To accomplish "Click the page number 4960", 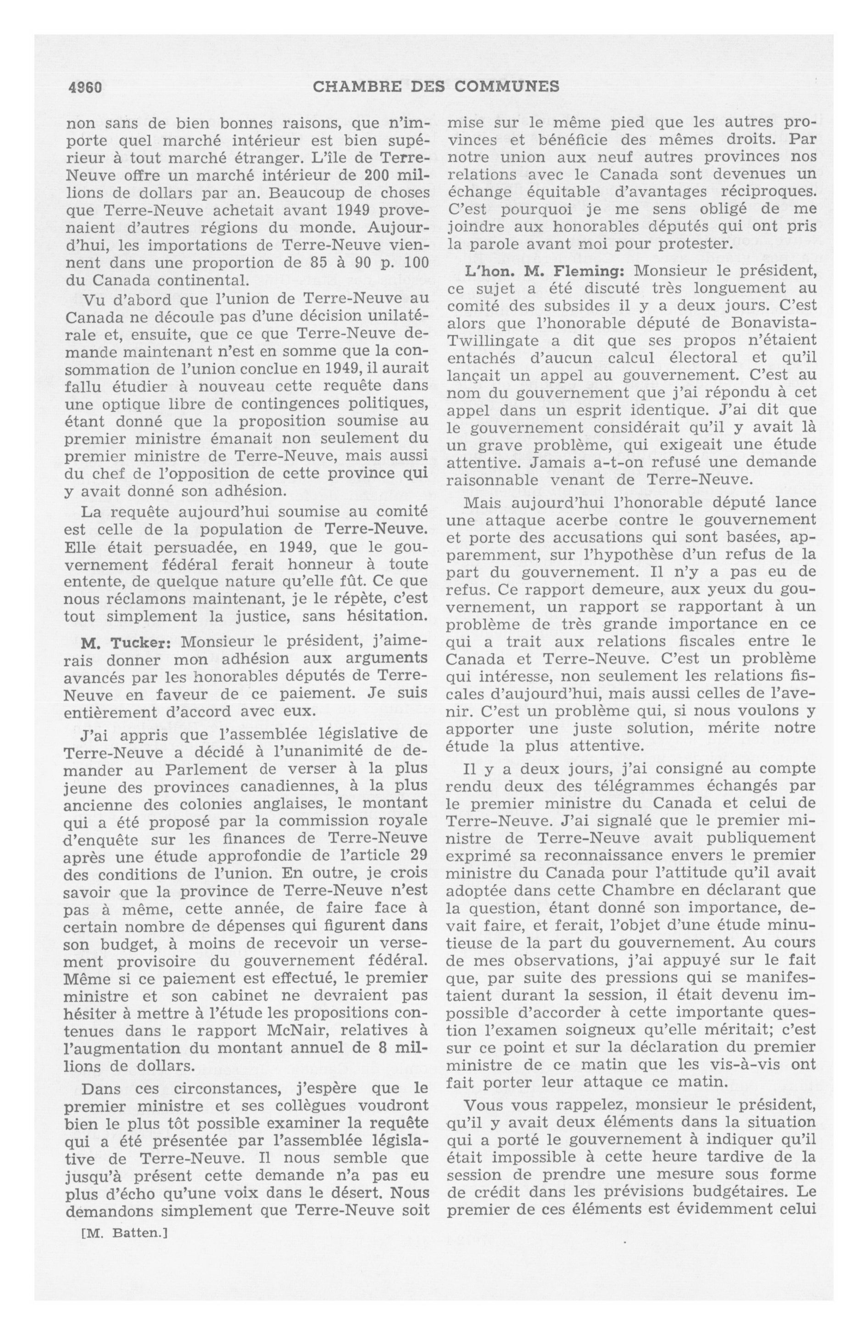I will click(85, 87).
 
